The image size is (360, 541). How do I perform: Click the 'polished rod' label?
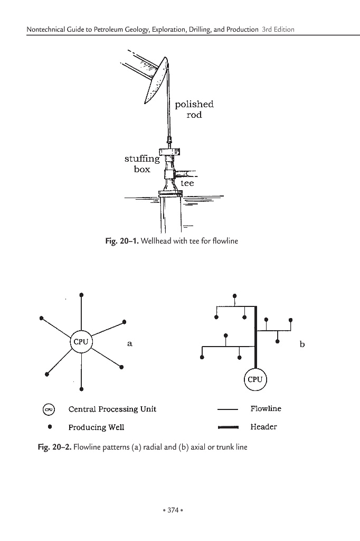click(x=194, y=109)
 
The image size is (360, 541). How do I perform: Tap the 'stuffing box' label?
click(x=142, y=164)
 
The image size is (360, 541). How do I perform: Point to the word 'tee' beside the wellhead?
click(x=187, y=183)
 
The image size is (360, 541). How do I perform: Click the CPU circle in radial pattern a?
click(x=81, y=342)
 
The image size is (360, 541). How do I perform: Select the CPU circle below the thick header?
click(x=255, y=379)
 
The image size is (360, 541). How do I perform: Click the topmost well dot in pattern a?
click(x=81, y=295)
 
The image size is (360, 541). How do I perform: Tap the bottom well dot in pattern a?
click(x=81, y=389)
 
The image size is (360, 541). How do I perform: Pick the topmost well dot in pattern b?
click(x=235, y=296)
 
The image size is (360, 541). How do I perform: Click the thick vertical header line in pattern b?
click(x=256, y=337)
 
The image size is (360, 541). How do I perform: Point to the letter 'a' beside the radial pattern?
click(x=130, y=343)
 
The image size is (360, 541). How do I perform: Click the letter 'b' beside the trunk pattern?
click(x=302, y=344)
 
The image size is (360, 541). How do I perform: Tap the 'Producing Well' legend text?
click(x=96, y=427)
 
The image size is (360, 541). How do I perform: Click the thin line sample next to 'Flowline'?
click(x=228, y=409)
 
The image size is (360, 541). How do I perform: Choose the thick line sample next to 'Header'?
click(x=228, y=427)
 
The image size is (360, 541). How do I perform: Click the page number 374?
click(x=173, y=510)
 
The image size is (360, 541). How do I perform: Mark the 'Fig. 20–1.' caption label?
click(x=122, y=241)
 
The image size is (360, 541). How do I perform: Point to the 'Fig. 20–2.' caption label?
click(x=55, y=447)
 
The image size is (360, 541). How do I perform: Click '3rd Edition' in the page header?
click(x=278, y=30)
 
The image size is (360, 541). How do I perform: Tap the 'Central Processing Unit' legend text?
click(x=112, y=409)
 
